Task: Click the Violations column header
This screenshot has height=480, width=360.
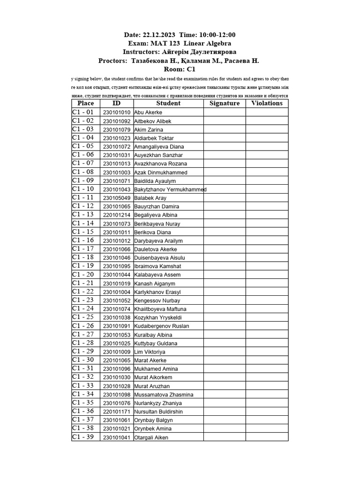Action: click(267, 104)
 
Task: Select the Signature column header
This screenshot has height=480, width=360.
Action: click(225, 104)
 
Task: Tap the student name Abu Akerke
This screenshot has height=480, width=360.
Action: click(148, 112)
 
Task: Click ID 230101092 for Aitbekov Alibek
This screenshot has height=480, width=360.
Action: click(117, 121)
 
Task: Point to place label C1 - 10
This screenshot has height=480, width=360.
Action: click(83, 189)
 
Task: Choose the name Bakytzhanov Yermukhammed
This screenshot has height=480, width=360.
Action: click(170, 189)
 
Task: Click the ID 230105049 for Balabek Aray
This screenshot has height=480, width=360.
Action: click(117, 198)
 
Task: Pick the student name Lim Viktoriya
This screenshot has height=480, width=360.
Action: click(150, 352)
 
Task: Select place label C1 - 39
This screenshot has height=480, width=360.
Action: click(83, 437)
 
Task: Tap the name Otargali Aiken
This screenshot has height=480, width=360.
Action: click(151, 437)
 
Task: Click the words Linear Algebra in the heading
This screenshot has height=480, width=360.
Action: click(206, 43)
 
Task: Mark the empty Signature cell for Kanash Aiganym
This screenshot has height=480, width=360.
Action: click(225, 284)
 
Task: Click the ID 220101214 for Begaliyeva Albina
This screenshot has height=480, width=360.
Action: click(117, 215)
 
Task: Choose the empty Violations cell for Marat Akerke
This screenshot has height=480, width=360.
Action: click(267, 360)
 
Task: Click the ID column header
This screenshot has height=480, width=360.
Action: click(117, 104)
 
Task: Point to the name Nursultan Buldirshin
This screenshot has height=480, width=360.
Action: click(158, 412)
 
